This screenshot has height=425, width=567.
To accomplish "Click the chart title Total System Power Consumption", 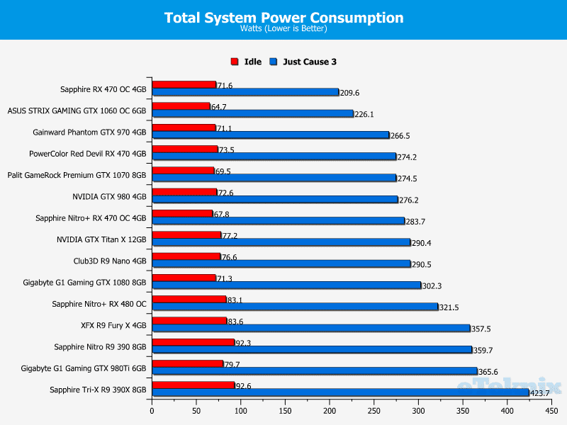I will point(283,18).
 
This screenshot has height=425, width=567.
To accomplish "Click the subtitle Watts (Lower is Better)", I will point(283,29).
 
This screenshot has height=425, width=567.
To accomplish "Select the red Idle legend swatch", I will point(235,62).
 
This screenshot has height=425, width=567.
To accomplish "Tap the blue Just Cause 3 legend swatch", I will point(274,62).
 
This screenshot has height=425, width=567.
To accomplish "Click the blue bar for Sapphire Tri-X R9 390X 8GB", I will point(340,392).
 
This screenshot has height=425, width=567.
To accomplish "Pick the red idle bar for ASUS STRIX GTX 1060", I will point(181,106).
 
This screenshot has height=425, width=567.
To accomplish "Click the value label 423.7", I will point(540,393).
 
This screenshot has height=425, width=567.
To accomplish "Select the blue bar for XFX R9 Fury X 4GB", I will point(310,328).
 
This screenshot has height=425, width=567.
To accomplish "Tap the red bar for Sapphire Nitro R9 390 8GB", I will point(193,342).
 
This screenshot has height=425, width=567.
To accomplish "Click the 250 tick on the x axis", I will point(374,410).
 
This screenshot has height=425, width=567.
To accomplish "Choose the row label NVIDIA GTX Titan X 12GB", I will point(101,239).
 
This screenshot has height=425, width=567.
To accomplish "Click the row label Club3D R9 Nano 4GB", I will point(110,261).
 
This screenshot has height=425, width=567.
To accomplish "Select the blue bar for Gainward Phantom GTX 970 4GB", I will point(270,135).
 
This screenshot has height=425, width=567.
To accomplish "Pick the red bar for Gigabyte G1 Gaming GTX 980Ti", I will point(187,363).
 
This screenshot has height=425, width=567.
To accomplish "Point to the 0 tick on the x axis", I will point(152,410).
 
